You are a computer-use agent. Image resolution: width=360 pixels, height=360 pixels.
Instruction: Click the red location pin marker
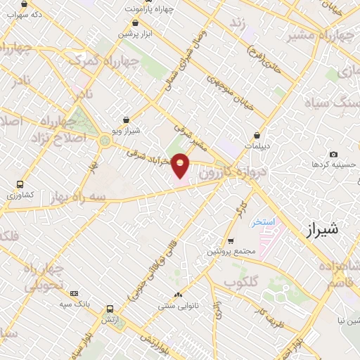[x=181, y=167]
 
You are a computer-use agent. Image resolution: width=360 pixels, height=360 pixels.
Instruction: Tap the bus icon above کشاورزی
[x=20, y=184]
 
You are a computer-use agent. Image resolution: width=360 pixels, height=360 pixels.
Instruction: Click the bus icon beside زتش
[x=110, y=309]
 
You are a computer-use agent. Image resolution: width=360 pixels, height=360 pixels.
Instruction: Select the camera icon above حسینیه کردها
[x=333, y=154]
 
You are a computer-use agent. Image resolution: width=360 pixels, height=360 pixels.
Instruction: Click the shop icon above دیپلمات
[x=257, y=136]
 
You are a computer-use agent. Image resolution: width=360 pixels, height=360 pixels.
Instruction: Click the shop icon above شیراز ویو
[x=126, y=120]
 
